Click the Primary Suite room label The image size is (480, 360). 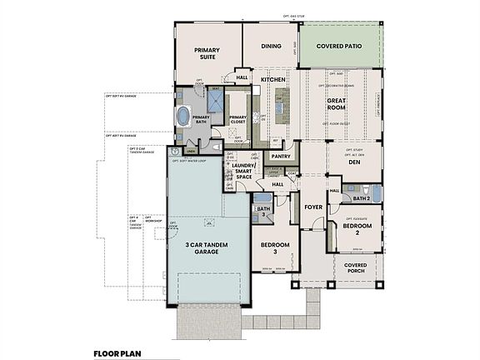pyautogui.click(x=207, y=54)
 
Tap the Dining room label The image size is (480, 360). pyautogui.click(x=271, y=47)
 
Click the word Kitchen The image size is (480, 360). pyautogui.click(x=273, y=80)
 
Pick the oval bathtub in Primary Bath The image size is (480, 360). pyautogui.click(x=182, y=116)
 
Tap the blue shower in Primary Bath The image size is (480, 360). pyautogui.click(x=215, y=102)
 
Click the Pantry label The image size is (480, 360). pyautogui.click(x=280, y=156)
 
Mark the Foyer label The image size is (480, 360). pyautogui.click(x=312, y=206)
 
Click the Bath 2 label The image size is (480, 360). pyautogui.click(x=361, y=198)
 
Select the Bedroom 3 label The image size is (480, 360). pyautogui.click(x=274, y=247)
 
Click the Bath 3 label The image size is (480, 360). pyautogui.click(x=263, y=212)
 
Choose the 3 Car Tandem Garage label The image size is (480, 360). pyautogui.click(x=208, y=247)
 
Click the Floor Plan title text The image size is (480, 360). pyautogui.click(x=117, y=352)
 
